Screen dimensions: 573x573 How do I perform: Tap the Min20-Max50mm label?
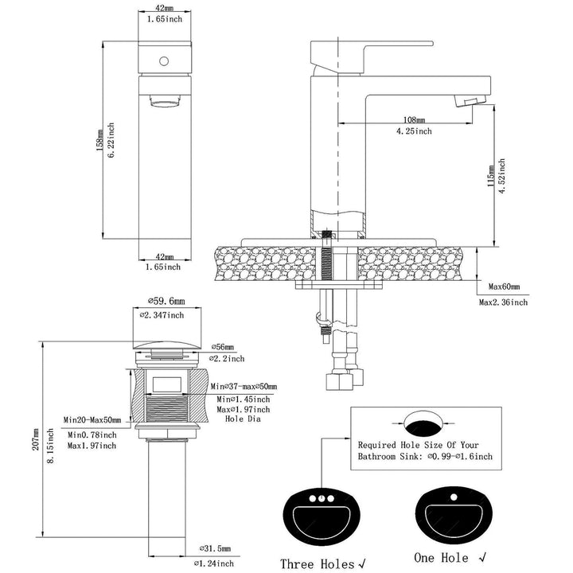(92, 420)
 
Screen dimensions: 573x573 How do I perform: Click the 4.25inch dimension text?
(414, 131)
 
